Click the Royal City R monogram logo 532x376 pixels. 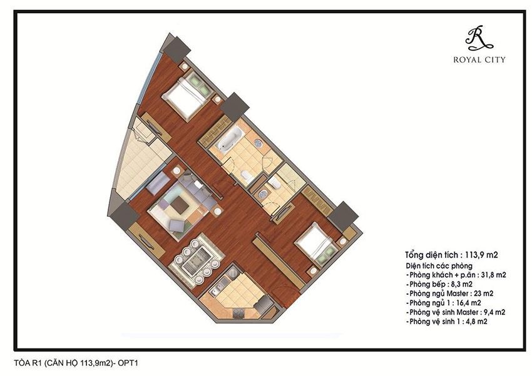point(479,38)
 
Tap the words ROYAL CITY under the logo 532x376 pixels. point(479,60)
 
